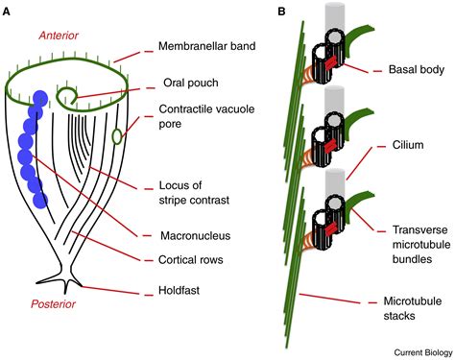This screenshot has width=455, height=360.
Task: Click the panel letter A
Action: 8,11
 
